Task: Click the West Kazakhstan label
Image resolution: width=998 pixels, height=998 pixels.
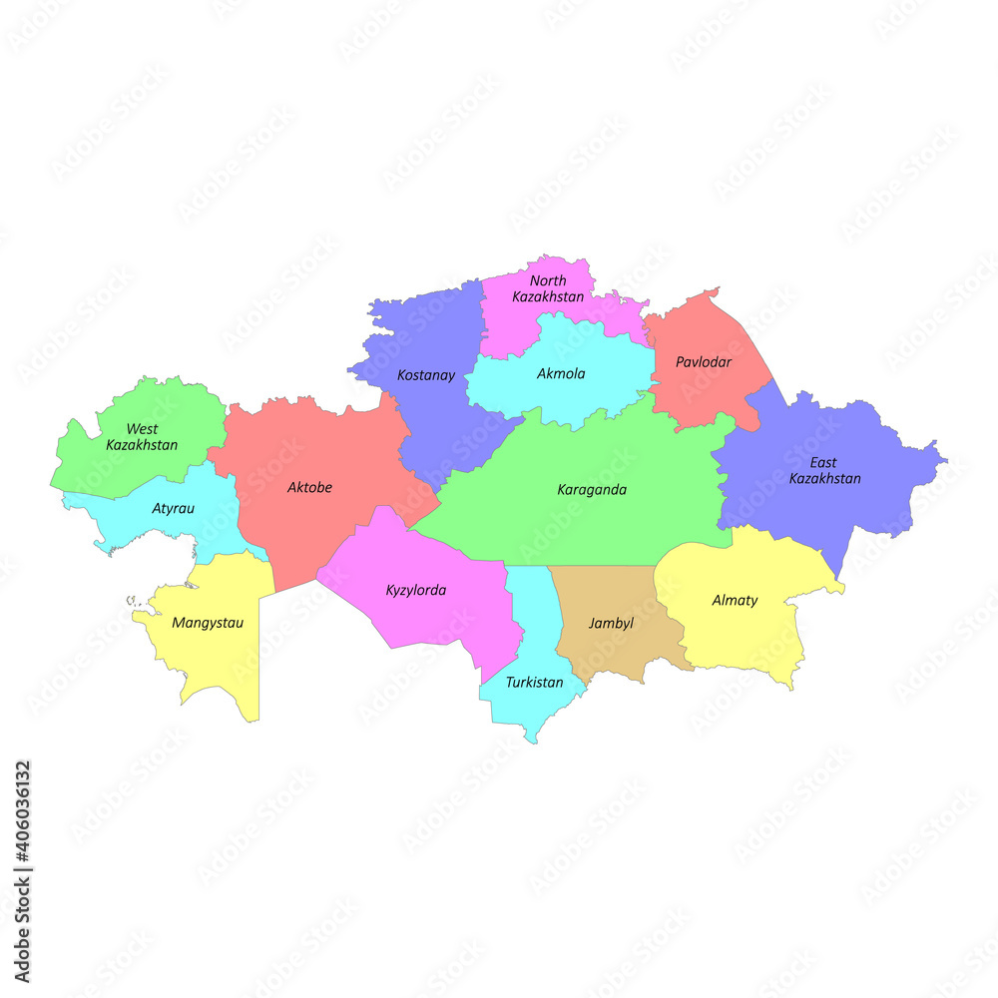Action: click(142, 437)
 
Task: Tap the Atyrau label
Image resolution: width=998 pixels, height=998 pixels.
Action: click(174, 509)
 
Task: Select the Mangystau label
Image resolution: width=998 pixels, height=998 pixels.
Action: click(208, 623)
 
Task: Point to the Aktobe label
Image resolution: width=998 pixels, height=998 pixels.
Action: click(309, 488)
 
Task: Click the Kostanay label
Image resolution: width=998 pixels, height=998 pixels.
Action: click(426, 376)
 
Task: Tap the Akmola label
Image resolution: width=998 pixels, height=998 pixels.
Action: click(561, 374)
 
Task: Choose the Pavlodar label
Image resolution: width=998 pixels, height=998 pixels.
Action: click(704, 362)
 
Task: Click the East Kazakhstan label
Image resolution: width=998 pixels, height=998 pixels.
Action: click(824, 470)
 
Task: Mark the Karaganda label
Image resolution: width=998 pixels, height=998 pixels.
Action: click(592, 490)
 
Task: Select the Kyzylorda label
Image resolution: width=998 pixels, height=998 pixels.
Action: click(416, 590)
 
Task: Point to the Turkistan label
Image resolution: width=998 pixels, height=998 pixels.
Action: click(534, 683)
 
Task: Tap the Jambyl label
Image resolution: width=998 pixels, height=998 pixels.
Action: click(611, 624)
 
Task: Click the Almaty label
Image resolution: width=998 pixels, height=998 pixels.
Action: click(735, 601)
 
